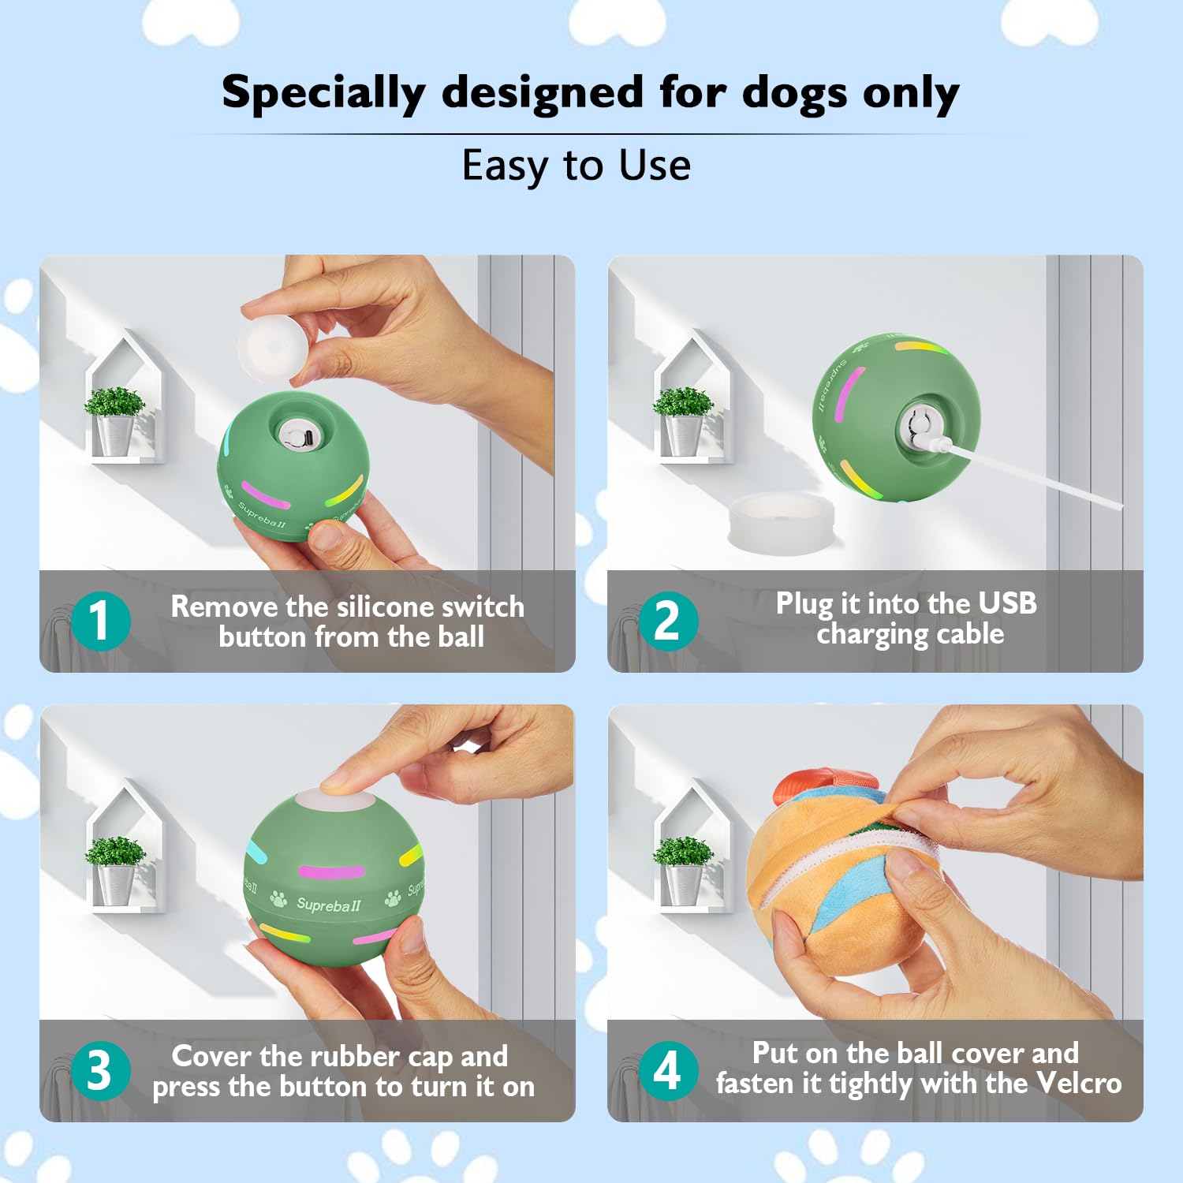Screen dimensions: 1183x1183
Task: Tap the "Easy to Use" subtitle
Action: [x=577, y=166]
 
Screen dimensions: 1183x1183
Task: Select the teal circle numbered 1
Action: [x=100, y=621]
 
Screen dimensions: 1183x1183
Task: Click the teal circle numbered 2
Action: [x=668, y=621]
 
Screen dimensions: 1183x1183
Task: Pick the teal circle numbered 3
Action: [x=100, y=1070]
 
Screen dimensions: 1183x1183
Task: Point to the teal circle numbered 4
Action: [x=668, y=1070]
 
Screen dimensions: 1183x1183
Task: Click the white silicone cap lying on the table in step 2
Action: [x=781, y=521]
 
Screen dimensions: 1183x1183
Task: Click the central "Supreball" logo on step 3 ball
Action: [x=328, y=904]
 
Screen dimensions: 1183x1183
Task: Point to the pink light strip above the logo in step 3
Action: [x=331, y=871]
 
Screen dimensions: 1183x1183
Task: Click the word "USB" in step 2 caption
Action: [x=1007, y=603]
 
